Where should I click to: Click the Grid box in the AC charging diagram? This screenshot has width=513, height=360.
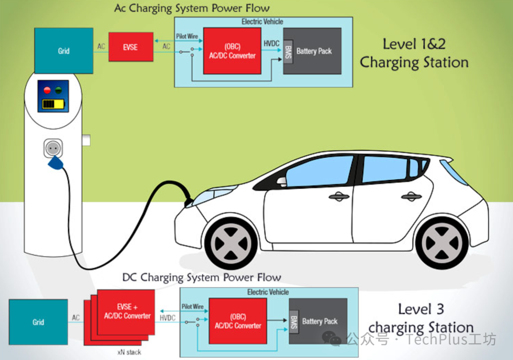point(64,51)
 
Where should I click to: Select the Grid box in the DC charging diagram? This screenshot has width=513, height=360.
point(38,322)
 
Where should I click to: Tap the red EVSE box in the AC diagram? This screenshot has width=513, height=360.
point(131,47)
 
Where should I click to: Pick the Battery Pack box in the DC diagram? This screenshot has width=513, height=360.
point(320,322)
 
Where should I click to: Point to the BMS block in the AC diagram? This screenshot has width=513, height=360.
point(288,50)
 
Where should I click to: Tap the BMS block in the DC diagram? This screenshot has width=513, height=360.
point(294,321)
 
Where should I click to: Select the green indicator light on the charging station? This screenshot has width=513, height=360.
point(58,90)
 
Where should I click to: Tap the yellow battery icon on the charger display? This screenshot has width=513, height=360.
point(53,104)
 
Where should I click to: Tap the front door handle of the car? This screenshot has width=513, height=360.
point(339,196)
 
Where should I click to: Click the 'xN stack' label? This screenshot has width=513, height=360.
point(129,352)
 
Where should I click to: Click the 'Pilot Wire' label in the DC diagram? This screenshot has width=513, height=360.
point(192,307)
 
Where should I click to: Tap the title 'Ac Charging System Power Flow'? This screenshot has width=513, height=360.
point(192,8)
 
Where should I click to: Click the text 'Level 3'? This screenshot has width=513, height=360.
point(421,309)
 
